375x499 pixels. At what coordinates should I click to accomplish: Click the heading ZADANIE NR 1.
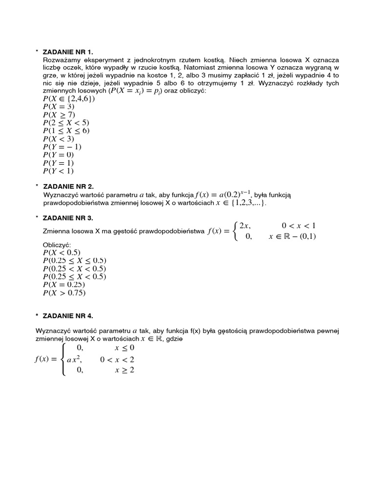tap(68, 51)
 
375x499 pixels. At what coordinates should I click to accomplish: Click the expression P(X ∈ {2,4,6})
tap(69, 99)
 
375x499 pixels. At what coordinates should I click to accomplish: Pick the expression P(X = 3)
tap(59, 107)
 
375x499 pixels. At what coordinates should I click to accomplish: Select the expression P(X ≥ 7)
tap(59, 115)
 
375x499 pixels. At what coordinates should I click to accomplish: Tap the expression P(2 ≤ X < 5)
tap(66, 123)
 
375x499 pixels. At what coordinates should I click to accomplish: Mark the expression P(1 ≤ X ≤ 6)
tap(66, 131)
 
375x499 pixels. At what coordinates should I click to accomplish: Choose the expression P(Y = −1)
tap(62, 147)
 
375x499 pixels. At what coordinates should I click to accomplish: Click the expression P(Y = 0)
tap(59, 154)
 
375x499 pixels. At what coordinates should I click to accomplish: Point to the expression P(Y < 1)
tap(59, 171)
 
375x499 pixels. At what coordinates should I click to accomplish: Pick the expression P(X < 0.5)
tap(62, 252)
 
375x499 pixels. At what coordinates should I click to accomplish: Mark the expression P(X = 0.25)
tap(64, 285)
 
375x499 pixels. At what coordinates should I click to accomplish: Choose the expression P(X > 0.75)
tap(64, 293)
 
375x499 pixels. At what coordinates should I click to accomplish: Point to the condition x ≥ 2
tap(125, 370)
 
